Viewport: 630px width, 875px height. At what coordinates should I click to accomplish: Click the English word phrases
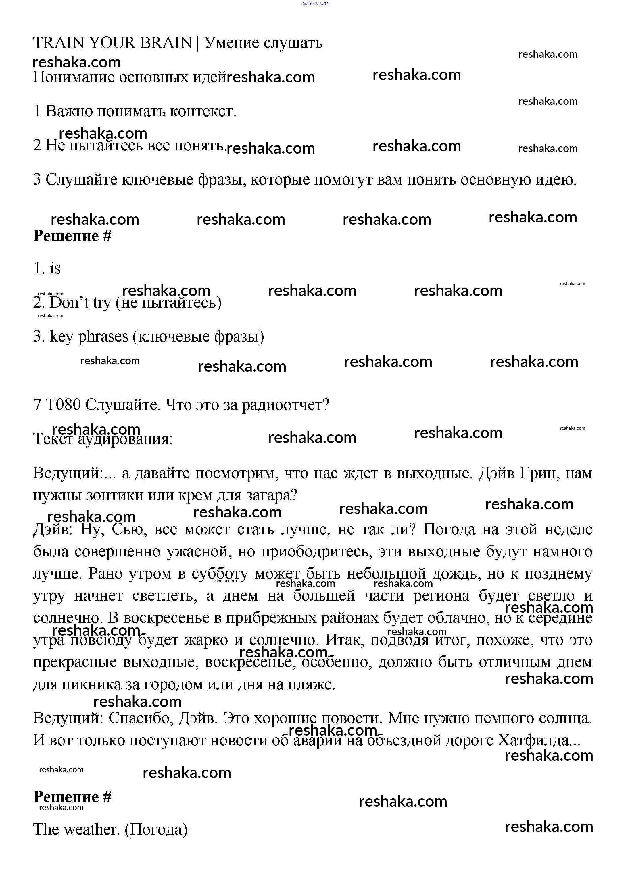pos(103,336)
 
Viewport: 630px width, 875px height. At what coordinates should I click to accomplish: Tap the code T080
pos(63,405)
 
